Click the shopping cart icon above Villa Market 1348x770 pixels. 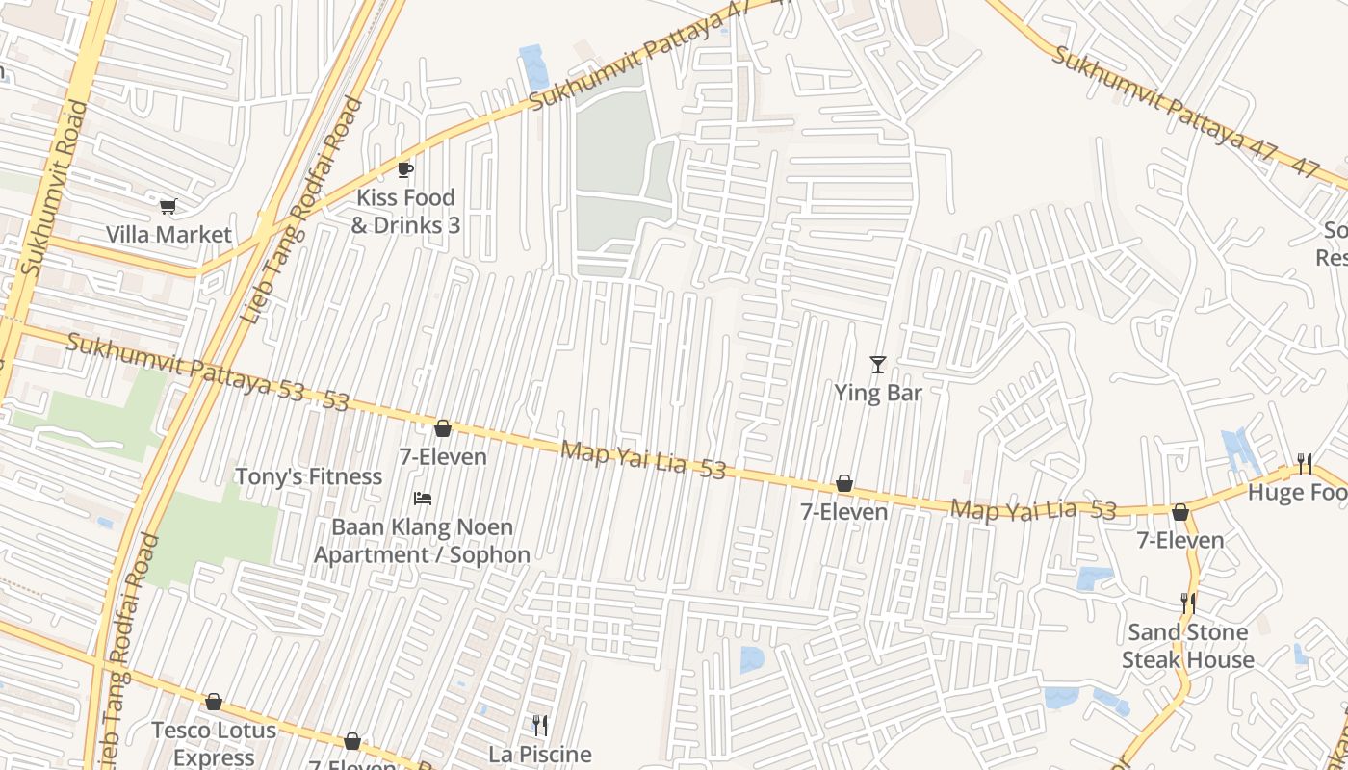168,205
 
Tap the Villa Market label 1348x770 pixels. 168,235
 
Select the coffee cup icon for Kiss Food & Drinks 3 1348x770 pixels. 405,169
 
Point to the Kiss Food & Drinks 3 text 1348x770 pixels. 405,212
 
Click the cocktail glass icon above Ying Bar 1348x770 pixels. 877,364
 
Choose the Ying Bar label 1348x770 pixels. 877,393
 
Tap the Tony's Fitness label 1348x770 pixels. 309,476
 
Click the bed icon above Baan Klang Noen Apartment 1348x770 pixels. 422,498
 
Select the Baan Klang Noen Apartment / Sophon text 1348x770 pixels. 422,541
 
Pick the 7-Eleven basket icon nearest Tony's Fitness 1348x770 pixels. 443,428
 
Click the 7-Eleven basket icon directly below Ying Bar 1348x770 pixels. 844,483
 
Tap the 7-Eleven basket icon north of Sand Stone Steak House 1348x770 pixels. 1179,512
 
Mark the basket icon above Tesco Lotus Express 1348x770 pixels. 214,702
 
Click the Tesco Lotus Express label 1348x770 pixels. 214,743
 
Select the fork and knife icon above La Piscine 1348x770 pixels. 540,726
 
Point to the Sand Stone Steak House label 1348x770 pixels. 1187,646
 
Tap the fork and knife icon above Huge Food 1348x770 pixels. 1305,464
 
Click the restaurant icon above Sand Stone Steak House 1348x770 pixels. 1188,603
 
